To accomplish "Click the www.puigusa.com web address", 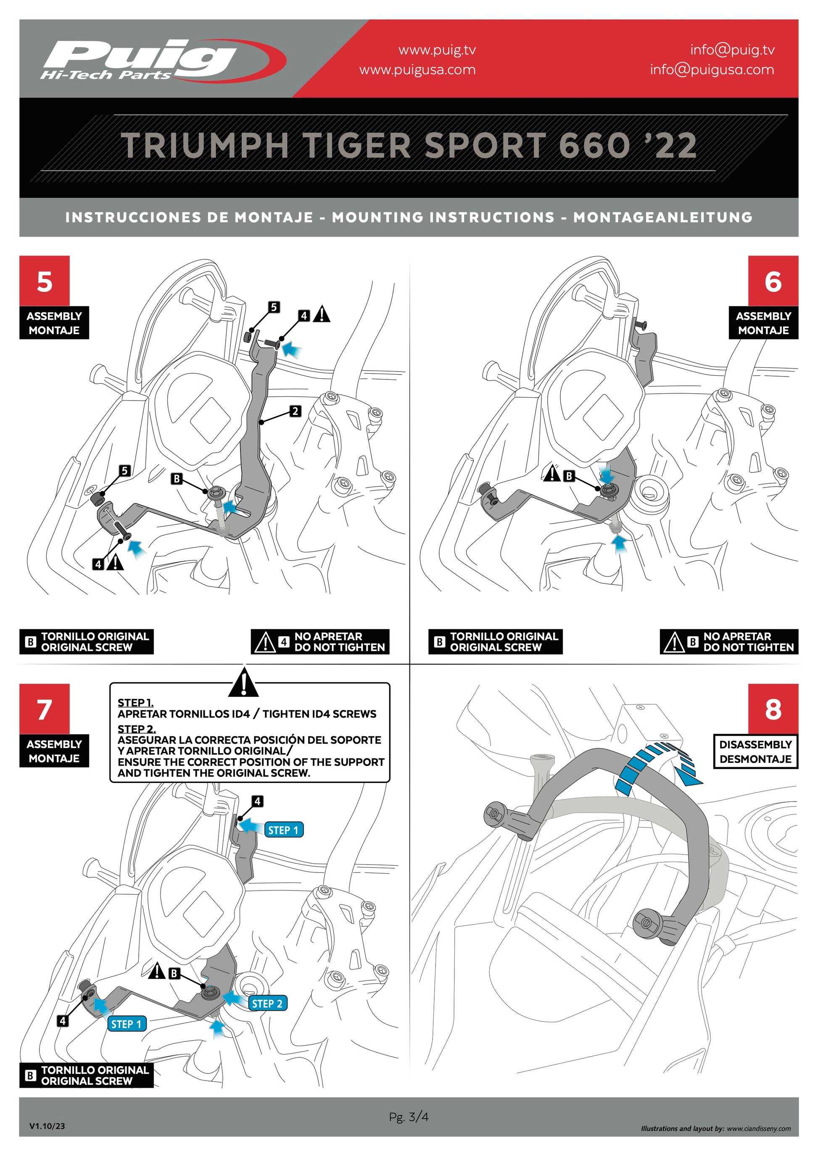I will point(417,69).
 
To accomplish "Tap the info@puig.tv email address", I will point(732,50).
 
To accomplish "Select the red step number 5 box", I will point(45,281).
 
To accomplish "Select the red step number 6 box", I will point(773,281).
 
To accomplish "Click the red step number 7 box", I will point(45,709).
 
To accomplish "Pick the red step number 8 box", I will point(773,709).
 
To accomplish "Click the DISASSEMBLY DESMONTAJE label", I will point(755,751).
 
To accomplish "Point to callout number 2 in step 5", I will point(296,411).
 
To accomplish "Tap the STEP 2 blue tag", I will point(267,1003).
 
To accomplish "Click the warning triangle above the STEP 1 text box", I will point(243,683).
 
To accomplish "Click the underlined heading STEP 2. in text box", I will point(137,729).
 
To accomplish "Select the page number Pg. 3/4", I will point(409,1117).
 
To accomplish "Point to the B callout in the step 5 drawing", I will point(177,478).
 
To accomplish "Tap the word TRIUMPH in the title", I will point(204,146).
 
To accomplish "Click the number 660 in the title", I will point(595,146).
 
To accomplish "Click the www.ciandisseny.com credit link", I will point(759,1129).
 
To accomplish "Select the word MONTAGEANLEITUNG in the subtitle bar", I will point(663,217).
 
